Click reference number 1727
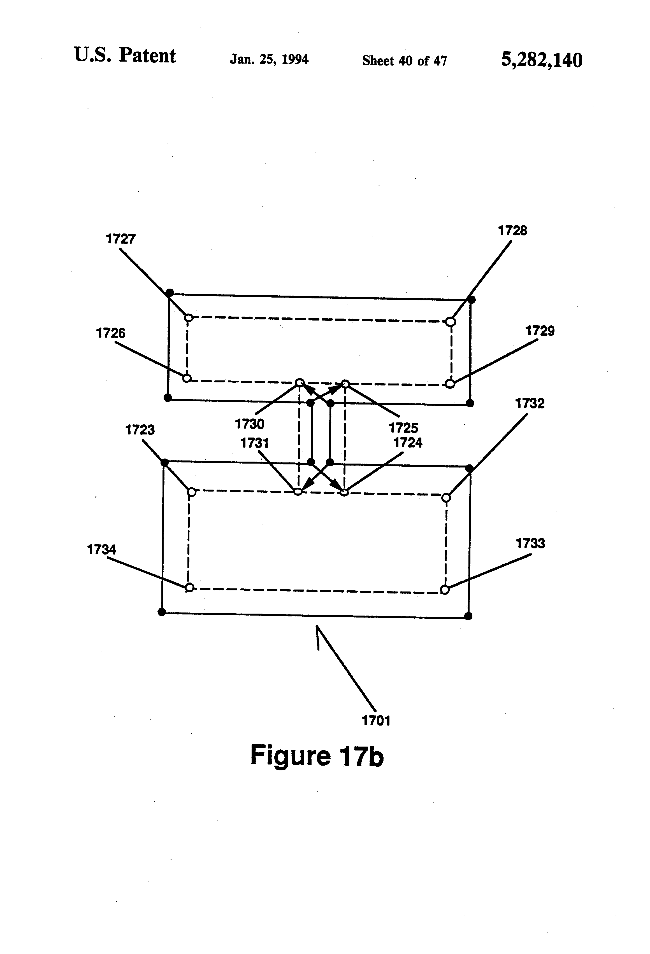pos(120,239)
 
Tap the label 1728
pos(512,231)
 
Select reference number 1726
pos(110,333)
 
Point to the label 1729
pos(540,331)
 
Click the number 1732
pos(530,404)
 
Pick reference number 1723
pos(140,430)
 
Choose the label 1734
pos(101,549)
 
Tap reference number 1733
pos(530,544)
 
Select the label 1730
pos(249,424)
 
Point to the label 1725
pos(403,428)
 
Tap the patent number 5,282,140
pos(542,60)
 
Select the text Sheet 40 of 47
pos(404,61)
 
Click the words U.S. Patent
pos(125,55)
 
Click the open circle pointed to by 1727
pos(189,318)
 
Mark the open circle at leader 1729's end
pos(450,384)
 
